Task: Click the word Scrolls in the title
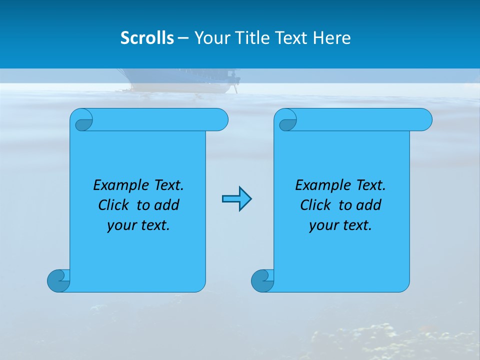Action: click(147, 38)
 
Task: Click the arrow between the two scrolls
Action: click(236, 199)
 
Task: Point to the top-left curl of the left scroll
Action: click(83, 121)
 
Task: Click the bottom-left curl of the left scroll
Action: click(58, 280)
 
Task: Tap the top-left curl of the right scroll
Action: click(287, 121)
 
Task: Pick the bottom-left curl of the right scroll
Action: click(262, 280)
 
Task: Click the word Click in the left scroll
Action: click(113, 205)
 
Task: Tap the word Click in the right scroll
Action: click(315, 205)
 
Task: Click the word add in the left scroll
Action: click(166, 205)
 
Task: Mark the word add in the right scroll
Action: click(368, 205)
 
